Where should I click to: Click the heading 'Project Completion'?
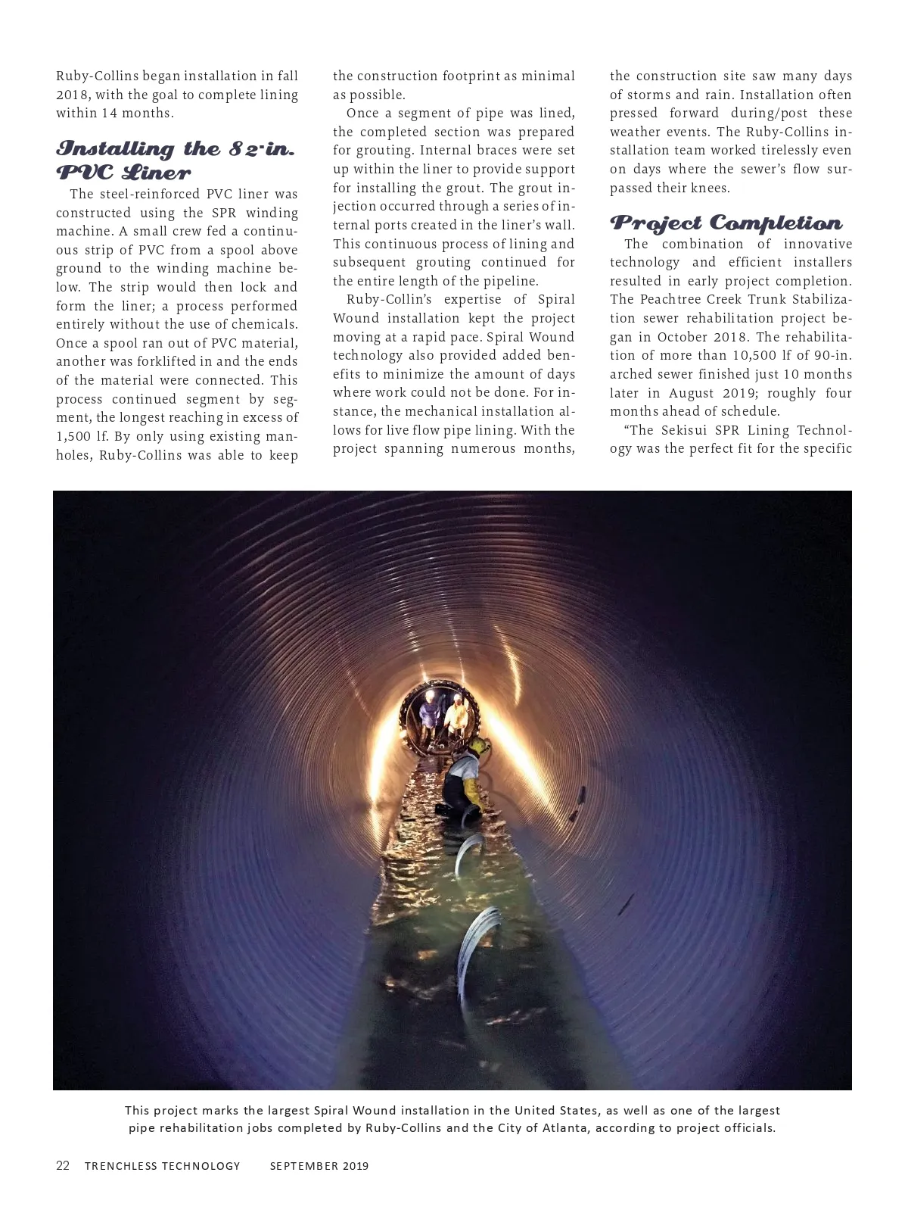tap(726, 223)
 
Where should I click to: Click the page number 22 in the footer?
tap(63, 1165)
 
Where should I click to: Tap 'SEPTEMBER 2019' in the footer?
tap(319, 1166)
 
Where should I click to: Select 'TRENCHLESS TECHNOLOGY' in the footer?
tap(162, 1166)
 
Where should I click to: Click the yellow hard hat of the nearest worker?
tap(478, 747)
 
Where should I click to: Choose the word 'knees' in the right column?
tap(709, 188)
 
